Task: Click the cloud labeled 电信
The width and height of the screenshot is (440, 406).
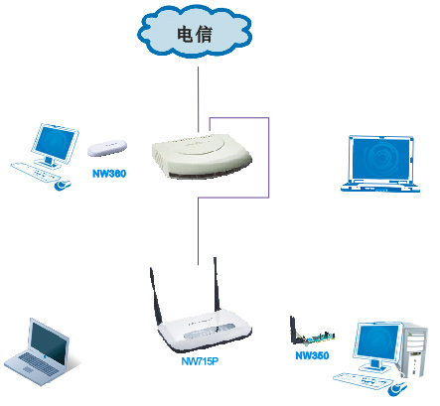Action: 195,32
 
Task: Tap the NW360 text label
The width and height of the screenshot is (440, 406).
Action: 109,174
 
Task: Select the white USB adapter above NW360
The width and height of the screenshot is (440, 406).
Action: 107,148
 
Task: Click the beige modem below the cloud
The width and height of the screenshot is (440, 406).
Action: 202,156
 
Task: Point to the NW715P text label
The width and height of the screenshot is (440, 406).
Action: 200,361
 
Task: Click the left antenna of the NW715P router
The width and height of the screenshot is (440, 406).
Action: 156,297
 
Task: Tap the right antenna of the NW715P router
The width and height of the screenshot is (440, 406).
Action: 217,285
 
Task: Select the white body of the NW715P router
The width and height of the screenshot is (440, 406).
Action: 205,331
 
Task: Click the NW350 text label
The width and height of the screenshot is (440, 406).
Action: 312,355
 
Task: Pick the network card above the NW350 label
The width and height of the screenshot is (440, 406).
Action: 312,333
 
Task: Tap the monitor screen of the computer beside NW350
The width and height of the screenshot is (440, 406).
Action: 378,342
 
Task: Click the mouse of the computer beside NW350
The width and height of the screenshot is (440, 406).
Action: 397,388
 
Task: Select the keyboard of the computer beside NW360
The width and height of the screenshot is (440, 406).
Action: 33,172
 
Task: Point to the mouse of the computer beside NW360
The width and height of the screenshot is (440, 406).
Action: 63,185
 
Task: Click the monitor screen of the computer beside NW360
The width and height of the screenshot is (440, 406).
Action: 55,144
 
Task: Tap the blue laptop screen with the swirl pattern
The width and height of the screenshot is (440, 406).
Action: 380,159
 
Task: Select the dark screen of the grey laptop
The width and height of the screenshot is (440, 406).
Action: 50,342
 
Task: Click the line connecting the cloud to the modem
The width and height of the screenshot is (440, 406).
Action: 199,99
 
